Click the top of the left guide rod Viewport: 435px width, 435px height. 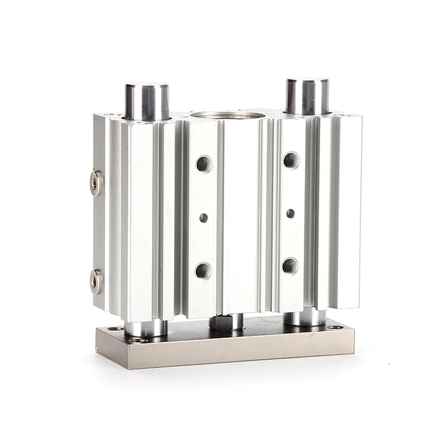146,87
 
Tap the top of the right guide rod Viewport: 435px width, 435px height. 307,82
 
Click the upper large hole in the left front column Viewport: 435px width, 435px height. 204,164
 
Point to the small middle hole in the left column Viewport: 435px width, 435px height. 203,217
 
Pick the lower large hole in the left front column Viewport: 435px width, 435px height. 203,271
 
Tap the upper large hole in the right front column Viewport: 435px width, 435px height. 291,160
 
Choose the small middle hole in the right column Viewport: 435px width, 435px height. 290,213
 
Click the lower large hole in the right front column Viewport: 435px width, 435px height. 290,265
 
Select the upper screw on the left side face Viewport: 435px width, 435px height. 97,182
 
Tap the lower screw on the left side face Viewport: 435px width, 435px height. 97,281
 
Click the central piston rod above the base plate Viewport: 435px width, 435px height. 227,321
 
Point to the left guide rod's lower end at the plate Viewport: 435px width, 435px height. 145,328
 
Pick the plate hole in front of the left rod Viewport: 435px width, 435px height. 138,339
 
